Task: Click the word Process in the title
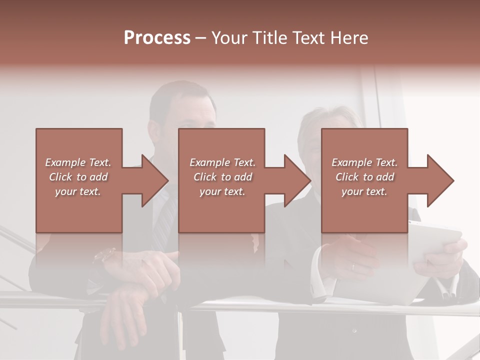[x=157, y=38]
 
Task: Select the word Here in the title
[x=349, y=38]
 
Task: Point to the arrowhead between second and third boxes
[x=297, y=180]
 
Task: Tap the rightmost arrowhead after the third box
[x=440, y=180]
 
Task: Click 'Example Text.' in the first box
[x=78, y=162]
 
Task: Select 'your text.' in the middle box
[x=222, y=191]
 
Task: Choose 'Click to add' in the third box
[x=364, y=177]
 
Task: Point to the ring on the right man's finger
[x=353, y=266]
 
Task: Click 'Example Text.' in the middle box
[x=222, y=162]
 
